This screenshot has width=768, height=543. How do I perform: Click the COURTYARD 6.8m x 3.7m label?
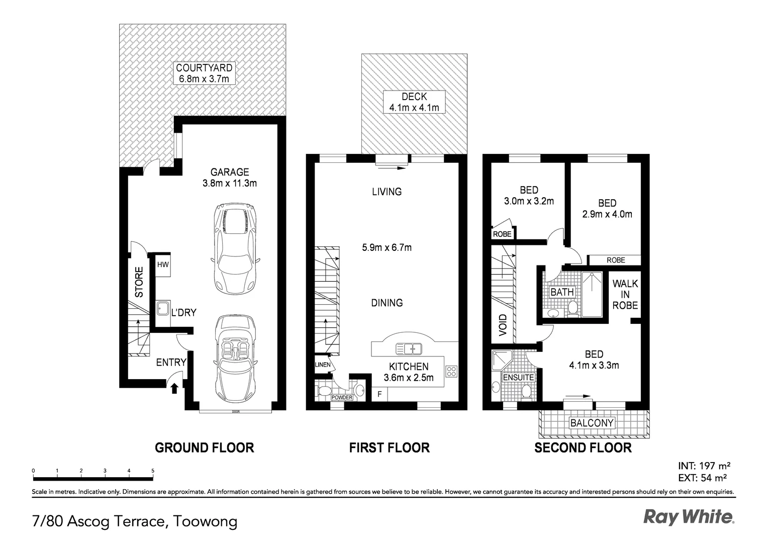[204, 73]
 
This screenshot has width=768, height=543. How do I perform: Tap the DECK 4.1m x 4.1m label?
[414, 102]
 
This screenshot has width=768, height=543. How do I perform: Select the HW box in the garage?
[163, 265]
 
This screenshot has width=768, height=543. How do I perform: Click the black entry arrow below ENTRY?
[174, 388]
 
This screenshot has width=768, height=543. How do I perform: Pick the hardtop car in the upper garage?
[235, 249]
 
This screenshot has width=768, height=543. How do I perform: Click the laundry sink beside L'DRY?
[163, 308]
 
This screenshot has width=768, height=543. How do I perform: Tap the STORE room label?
[139, 282]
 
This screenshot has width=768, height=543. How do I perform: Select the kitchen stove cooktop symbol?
[451, 371]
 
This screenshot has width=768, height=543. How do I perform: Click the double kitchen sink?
[409, 349]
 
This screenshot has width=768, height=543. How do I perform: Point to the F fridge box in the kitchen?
[379, 394]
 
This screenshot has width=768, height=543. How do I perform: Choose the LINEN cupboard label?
[323, 365]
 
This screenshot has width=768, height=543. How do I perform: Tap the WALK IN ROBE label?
[625, 294]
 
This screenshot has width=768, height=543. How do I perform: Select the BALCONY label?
[592, 423]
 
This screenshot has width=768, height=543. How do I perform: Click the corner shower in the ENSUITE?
[502, 360]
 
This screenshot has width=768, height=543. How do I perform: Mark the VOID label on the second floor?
[503, 325]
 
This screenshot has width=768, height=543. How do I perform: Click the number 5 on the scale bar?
[153, 471]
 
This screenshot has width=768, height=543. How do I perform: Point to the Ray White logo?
[689, 517]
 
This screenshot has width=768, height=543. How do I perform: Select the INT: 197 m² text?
[704, 466]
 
